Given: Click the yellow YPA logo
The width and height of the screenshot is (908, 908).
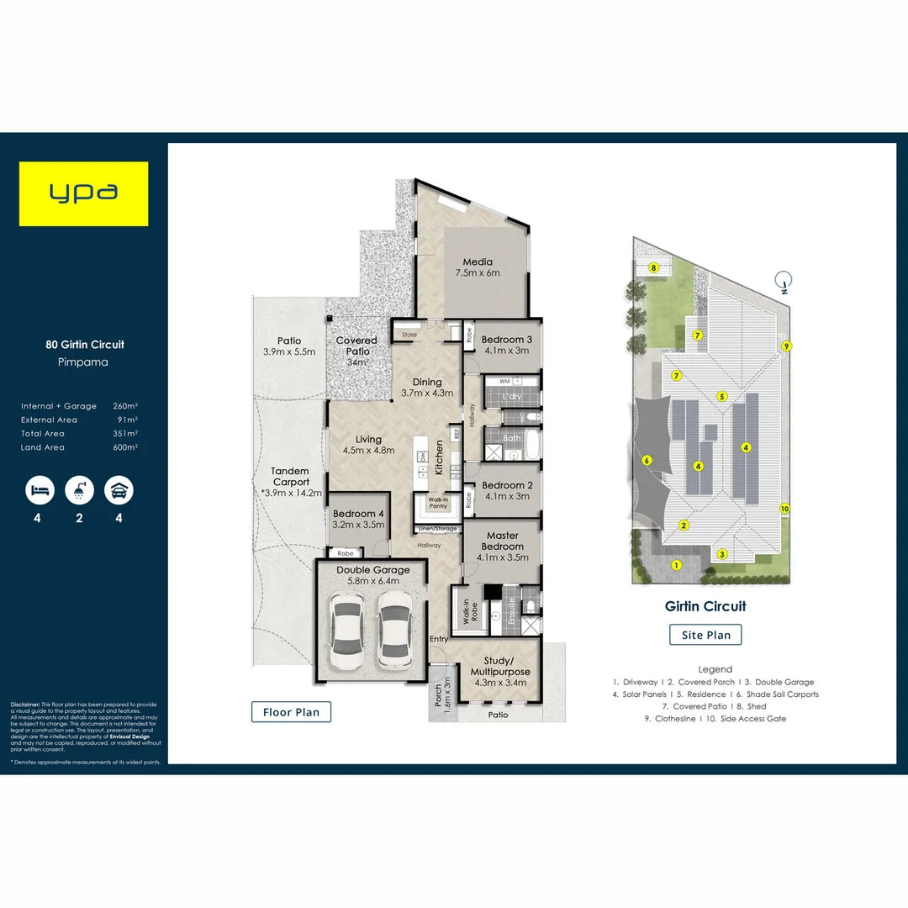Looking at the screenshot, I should pos(84,193).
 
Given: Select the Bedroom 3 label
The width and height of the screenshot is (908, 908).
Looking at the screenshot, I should pos(505,345).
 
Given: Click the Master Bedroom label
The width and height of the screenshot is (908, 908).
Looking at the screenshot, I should pos(502,541).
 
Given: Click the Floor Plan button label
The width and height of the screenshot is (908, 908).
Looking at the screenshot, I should pos(291,712).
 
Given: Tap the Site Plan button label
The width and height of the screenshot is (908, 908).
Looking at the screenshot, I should pos(705,635).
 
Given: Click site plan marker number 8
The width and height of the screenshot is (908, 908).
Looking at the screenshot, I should pos(653,268).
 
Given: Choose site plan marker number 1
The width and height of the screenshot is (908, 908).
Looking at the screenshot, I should pos(675,565).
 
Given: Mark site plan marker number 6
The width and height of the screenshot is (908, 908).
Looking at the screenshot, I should pos(647,460).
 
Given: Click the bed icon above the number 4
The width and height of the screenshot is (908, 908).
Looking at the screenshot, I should pos(37,489).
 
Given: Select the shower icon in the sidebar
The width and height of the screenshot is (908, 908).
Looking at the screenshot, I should pos(78,489).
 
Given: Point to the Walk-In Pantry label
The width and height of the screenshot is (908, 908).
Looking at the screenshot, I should pos(436,503).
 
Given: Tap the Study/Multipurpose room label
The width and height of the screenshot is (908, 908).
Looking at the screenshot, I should pos(500,666).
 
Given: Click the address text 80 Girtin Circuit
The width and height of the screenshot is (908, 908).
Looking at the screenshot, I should pos(84,344).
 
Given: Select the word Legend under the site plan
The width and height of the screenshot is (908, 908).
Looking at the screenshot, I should pos(715,668).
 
